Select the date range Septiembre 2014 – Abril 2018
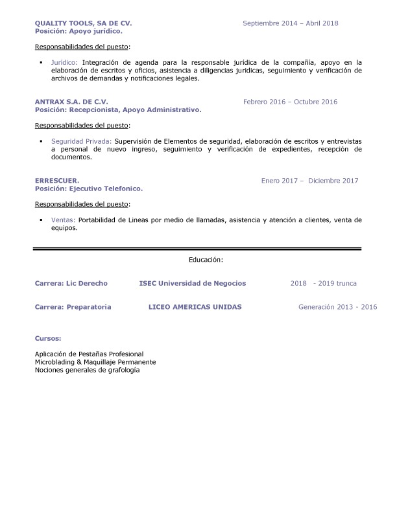pos(290,23)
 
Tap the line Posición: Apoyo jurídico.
pos(78,30)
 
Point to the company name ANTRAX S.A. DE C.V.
pos(71,102)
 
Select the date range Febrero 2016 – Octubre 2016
pos(290,102)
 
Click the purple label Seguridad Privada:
pos(81,141)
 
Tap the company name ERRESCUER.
pos(57,180)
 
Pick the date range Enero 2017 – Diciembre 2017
pos(309,180)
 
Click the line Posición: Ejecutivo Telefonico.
pos(88,188)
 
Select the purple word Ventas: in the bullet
pos(63,220)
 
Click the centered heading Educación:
pos(206,259)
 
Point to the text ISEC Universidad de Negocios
pos(192,283)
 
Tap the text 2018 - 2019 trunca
pos(323,283)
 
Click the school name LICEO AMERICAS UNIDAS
pos(195,306)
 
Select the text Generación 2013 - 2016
pos(337,306)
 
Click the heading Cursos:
pos(48,338)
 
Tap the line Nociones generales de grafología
pos(87,370)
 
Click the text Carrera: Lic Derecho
pos(71,283)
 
